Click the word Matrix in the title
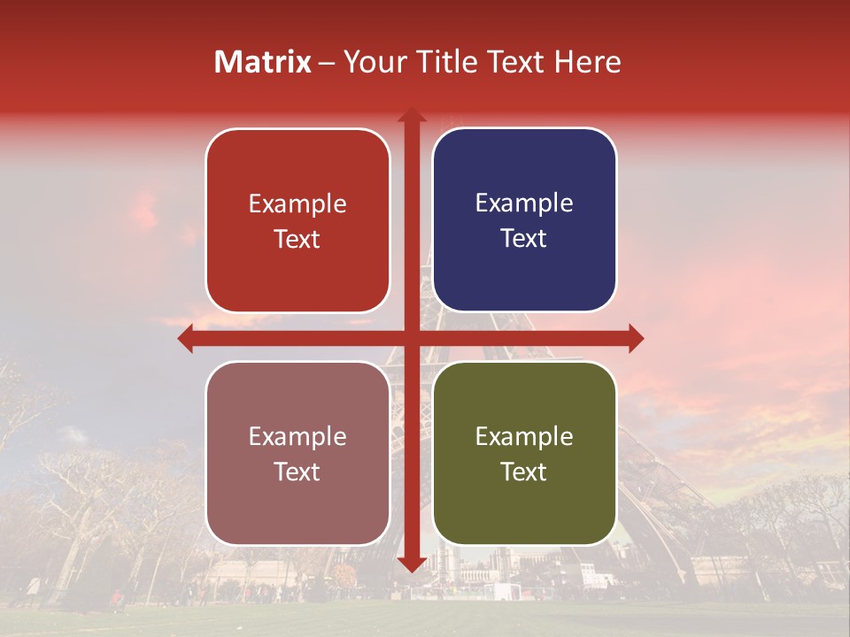pyautogui.click(x=263, y=62)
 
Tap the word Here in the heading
pyautogui.click(x=587, y=62)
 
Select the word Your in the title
pyautogui.click(x=372, y=62)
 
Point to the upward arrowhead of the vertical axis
pyautogui.click(x=411, y=116)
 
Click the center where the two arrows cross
pyautogui.click(x=411, y=338)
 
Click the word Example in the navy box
pyautogui.click(x=524, y=203)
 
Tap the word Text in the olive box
pyautogui.click(x=524, y=472)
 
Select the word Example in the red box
pyautogui.click(x=297, y=204)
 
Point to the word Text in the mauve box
pyautogui.click(x=297, y=472)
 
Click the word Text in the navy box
pyautogui.click(x=524, y=239)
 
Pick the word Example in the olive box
pyautogui.click(x=524, y=436)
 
